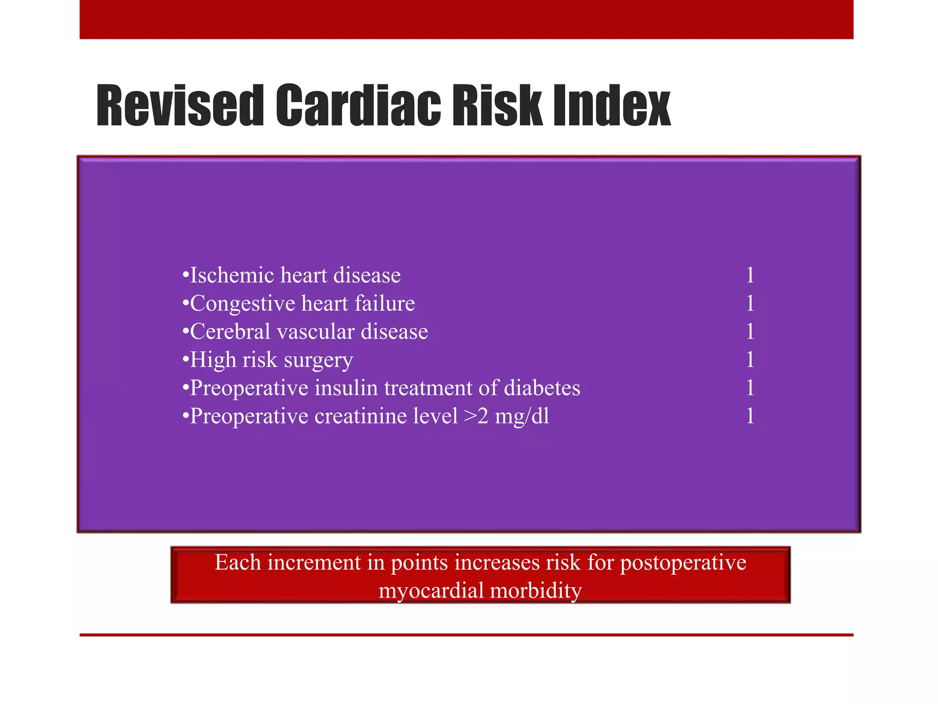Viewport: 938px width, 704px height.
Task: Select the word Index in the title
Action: (611, 106)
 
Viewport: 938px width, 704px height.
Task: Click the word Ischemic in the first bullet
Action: (232, 275)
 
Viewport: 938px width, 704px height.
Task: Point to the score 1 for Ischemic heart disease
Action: (750, 275)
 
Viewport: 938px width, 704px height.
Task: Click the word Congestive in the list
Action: (242, 304)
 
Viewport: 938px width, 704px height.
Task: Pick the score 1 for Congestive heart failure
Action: (750, 303)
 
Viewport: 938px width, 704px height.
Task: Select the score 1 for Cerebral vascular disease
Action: (750, 332)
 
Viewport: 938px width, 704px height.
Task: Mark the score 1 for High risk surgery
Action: (750, 360)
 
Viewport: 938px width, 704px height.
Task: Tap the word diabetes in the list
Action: (542, 388)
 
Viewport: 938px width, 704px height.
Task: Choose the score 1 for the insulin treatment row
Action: (750, 388)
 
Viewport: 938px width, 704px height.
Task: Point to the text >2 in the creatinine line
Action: (476, 416)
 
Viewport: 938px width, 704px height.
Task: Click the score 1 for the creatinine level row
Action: (750, 416)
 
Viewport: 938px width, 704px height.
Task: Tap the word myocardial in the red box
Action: (431, 591)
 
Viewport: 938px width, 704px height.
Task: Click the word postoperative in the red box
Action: (683, 563)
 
